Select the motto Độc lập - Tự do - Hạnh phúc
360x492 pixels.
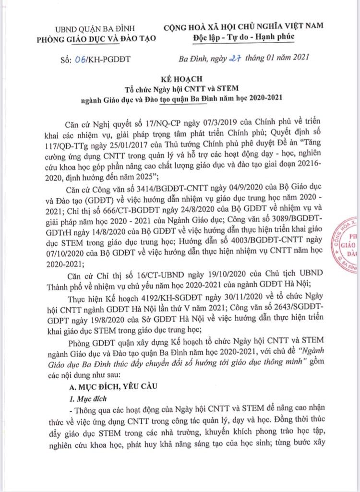pyautogui.click(x=247, y=37)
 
